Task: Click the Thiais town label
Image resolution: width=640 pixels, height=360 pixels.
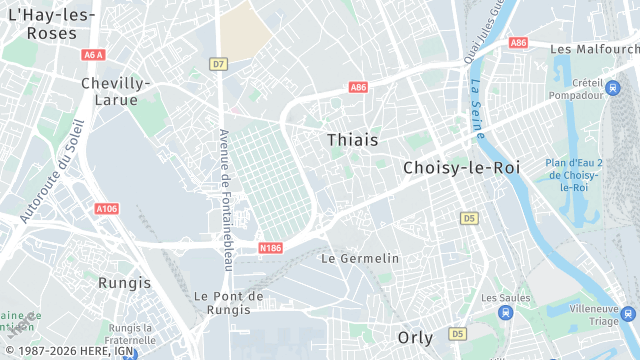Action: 352,140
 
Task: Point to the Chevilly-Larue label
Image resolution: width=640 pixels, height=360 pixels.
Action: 115,91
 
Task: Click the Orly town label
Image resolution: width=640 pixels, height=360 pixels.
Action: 415,337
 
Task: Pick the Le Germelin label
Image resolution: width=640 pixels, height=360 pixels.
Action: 360,258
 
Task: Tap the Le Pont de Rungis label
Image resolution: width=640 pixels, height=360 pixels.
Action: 229,303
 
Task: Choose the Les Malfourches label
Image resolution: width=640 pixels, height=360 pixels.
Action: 593,48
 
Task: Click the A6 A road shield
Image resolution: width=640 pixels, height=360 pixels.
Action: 93,55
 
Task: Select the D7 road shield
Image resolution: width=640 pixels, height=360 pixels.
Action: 218,64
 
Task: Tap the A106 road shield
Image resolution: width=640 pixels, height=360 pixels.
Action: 106,209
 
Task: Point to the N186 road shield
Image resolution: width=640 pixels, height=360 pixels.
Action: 270,248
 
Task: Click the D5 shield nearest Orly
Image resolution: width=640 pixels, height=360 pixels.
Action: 457,333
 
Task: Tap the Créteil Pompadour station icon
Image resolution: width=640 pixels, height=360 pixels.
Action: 611,89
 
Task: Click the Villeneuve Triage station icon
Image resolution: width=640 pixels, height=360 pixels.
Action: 628,314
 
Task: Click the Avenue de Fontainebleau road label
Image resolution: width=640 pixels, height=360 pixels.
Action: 225,200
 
